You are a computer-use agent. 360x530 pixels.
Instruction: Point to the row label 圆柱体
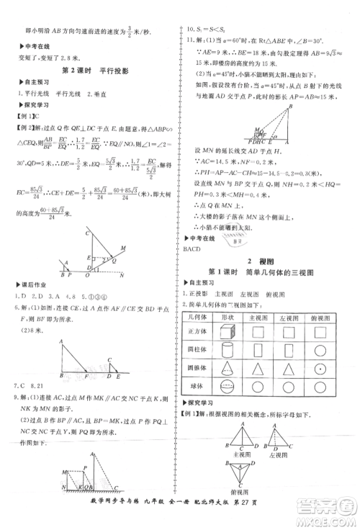pos(197,350)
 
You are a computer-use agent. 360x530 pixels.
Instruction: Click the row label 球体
pos(197,385)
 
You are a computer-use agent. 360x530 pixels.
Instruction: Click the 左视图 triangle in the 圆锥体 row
pos(287,367)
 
